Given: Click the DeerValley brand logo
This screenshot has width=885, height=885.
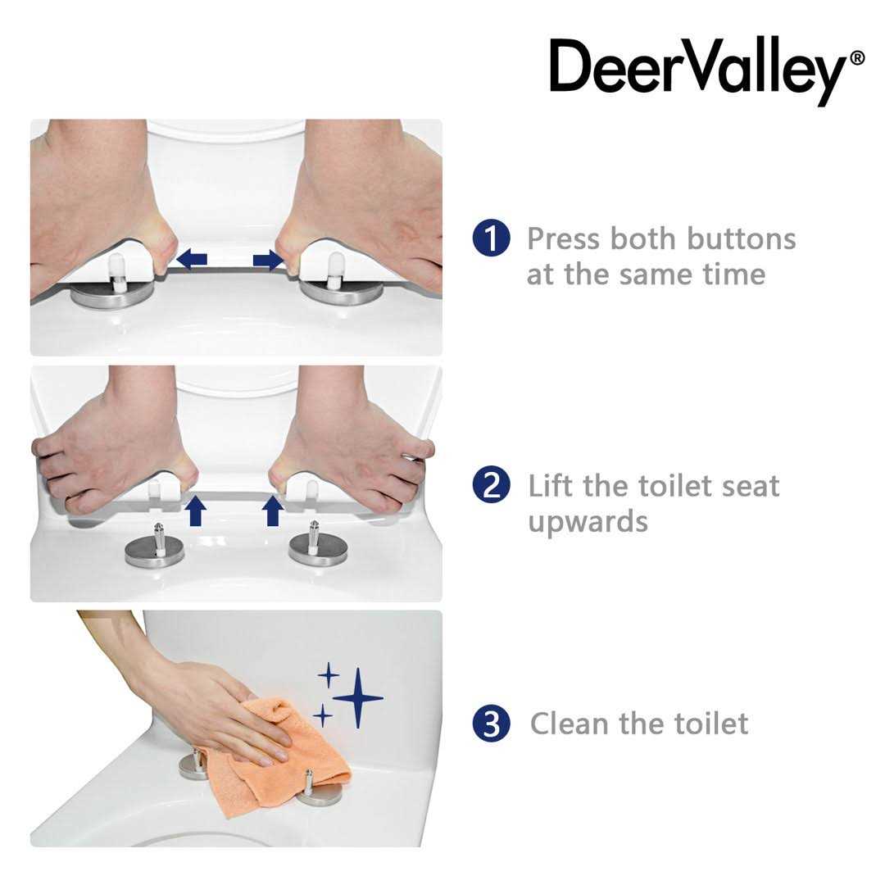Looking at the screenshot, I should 697,69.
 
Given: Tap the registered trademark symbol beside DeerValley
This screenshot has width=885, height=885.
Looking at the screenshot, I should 856,58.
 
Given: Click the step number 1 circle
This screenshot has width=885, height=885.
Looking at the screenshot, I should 490,238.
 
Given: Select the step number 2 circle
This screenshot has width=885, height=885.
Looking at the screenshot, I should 490,485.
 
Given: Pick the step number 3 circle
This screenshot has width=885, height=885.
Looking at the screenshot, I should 490,724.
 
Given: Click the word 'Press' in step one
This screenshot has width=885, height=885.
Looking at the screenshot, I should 563,238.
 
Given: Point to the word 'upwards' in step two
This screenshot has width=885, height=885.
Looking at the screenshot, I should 588,521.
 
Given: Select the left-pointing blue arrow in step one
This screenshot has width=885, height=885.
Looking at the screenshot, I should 192,260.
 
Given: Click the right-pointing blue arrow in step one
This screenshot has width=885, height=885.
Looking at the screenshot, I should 268,261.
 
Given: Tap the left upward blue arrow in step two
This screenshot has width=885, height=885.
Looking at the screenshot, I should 195,511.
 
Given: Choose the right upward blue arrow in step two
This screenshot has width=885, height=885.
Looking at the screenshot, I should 273,511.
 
